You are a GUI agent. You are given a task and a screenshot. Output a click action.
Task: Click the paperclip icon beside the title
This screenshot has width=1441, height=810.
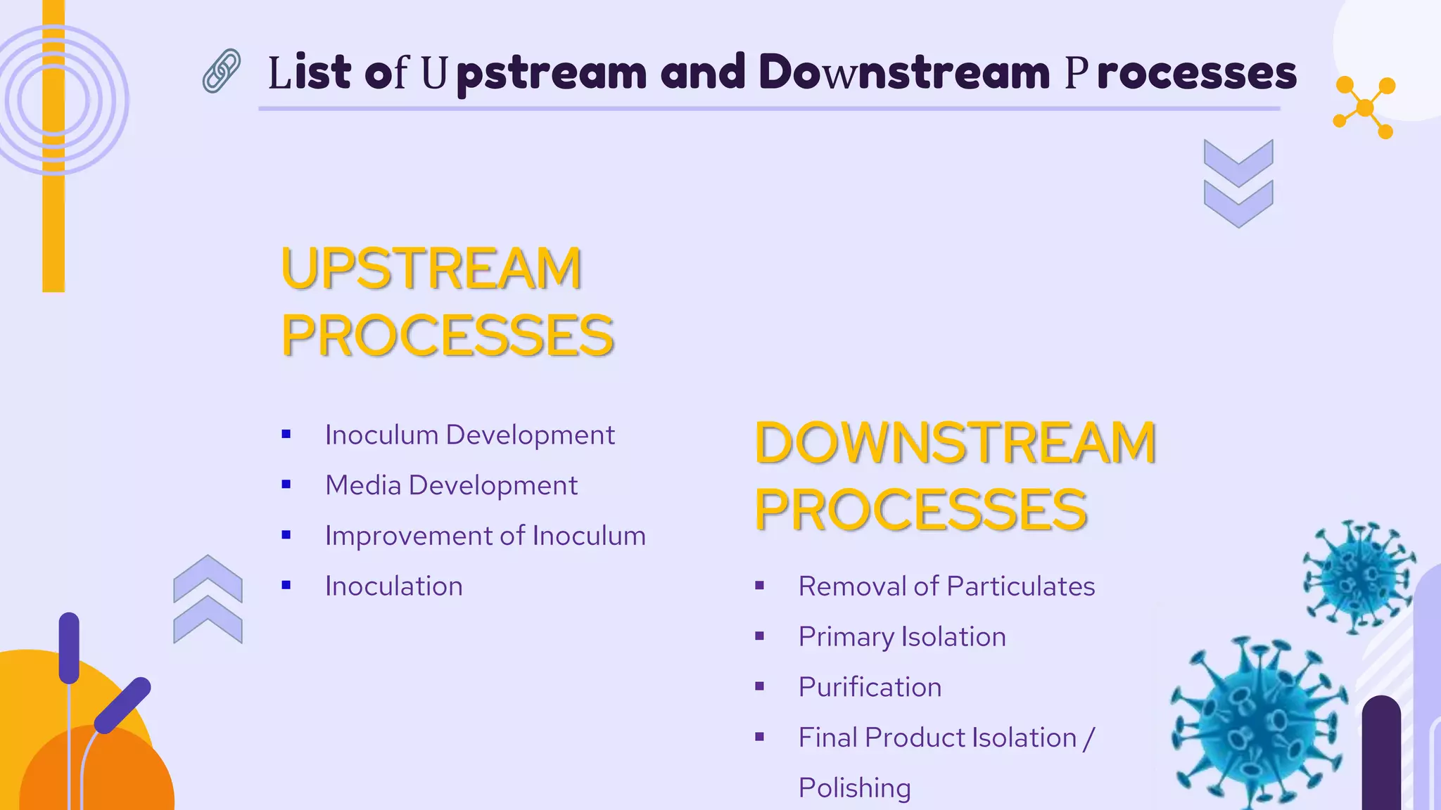(x=222, y=71)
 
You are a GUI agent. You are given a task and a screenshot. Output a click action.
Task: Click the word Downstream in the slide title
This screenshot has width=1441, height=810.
(x=904, y=72)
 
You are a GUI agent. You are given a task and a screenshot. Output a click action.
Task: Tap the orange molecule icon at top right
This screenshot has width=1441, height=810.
(x=1364, y=108)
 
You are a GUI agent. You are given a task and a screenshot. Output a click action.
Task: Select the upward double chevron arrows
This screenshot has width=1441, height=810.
(x=208, y=599)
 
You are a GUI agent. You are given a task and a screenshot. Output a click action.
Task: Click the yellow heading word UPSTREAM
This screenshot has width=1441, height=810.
(x=431, y=269)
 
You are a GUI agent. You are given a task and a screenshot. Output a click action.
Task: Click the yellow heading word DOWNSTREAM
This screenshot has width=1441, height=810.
(x=955, y=443)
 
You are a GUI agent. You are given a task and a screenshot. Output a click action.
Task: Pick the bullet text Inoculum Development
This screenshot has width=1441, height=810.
(x=469, y=435)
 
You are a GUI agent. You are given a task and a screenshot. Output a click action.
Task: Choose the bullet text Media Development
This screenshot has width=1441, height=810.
(x=451, y=486)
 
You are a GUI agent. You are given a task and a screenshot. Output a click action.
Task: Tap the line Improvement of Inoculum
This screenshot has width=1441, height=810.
(x=485, y=536)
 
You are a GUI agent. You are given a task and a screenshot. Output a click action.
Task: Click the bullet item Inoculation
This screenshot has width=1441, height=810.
(x=393, y=586)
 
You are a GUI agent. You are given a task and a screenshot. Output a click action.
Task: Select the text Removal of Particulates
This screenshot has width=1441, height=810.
(x=946, y=586)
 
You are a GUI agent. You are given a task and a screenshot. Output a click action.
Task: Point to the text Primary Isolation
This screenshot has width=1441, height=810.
(x=901, y=637)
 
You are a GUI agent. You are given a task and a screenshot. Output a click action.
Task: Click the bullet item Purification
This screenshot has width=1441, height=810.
(x=870, y=688)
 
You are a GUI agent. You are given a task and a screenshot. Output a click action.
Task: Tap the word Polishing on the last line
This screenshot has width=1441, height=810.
(x=854, y=788)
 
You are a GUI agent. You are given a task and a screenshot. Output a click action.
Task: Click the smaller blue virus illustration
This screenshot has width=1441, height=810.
(x=1359, y=577)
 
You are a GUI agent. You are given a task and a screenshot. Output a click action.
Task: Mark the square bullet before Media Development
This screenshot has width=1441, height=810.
(x=286, y=484)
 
